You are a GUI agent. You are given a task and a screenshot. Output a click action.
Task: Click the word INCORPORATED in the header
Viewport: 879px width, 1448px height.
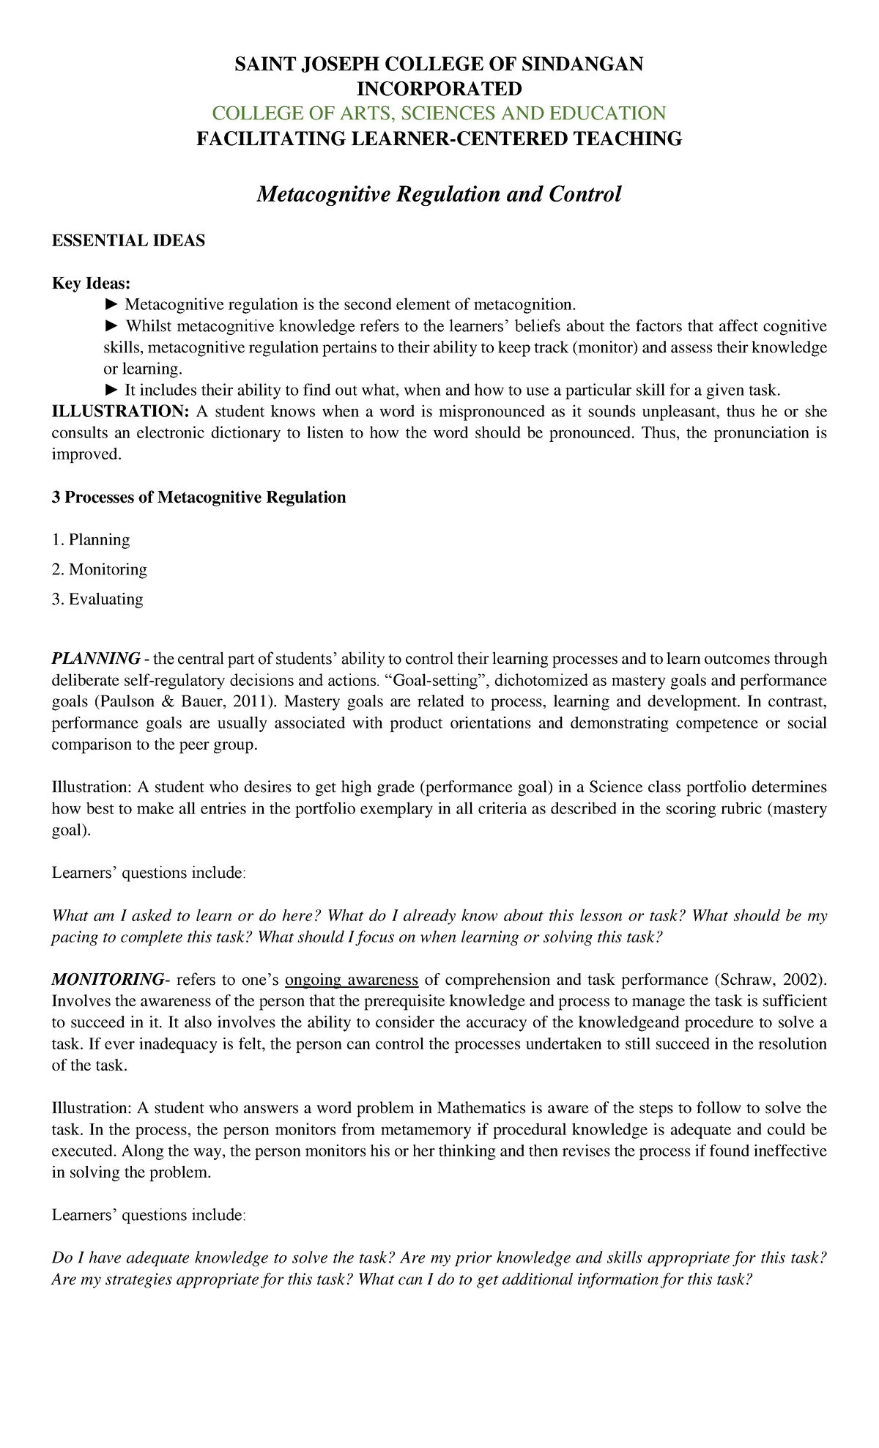[x=439, y=89]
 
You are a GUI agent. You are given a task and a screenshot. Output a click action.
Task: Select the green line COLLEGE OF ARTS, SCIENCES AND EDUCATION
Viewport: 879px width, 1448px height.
[x=439, y=113]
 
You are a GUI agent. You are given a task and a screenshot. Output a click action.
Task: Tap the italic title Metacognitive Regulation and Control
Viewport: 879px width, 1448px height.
[x=439, y=194]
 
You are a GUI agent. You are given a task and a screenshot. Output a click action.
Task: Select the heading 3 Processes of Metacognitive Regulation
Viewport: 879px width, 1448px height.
[x=199, y=498]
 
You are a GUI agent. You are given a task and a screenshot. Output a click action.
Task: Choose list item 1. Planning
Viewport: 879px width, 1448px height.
[x=91, y=540]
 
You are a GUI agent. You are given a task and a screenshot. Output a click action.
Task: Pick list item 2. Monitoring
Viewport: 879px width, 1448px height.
[x=99, y=569]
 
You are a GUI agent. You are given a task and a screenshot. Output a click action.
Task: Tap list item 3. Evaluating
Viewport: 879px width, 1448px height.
[x=97, y=599]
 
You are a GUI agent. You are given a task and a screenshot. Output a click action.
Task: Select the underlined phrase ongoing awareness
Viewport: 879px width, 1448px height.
[x=352, y=980]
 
